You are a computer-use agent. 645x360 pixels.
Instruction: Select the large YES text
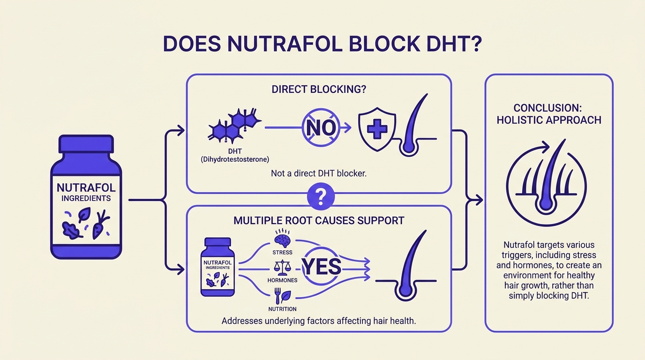tap(322, 266)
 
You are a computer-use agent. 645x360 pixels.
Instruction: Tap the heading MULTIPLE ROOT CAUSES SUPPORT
tap(319, 220)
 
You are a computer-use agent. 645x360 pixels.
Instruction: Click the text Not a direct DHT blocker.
tap(319, 173)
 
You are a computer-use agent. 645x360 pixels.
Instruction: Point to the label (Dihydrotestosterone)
tap(234, 159)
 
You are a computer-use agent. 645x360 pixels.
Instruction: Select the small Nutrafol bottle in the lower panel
tap(217, 267)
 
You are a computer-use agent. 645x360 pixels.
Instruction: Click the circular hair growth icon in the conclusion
tap(547, 180)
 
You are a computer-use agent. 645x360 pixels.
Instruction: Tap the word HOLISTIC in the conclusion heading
tap(520, 120)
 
